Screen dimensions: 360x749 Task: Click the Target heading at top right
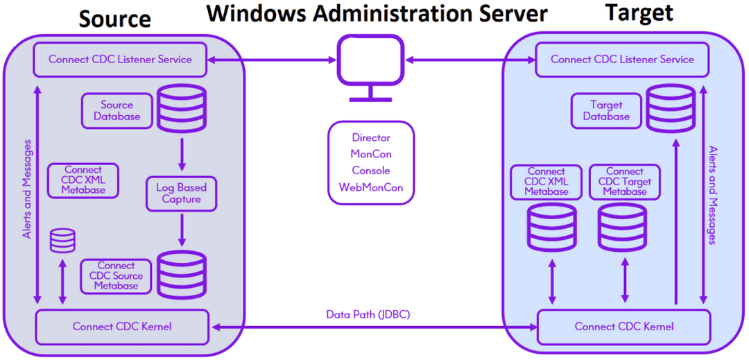point(639,13)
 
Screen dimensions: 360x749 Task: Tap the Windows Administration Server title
point(377,13)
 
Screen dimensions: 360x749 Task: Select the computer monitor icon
point(370,69)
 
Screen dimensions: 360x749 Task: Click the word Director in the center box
point(371,138)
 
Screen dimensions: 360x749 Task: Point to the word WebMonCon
point(371,187)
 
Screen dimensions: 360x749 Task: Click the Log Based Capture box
point(182,194)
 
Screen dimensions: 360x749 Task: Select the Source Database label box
point(117,111)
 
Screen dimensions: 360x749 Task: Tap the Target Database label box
point(606,111)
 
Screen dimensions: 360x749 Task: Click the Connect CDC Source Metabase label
point(116,275)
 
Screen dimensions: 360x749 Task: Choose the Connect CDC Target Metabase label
point(624,181)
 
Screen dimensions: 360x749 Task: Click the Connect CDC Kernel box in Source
point(122,326)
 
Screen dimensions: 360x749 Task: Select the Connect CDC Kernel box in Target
point(623,327)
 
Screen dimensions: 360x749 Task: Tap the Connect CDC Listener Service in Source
point(120,60)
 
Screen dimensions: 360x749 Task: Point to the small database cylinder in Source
point(63,241)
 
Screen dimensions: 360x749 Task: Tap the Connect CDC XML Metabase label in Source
point(84,180)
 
